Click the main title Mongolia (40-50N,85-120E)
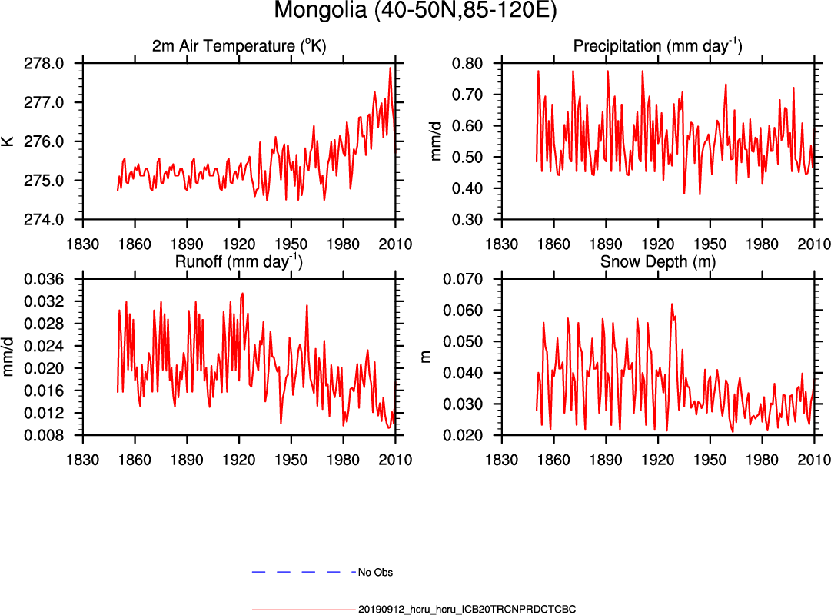[x=415, y=12]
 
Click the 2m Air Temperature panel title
[x=239, y=47]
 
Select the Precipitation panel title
[x=657, y=47]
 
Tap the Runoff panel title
[x=239, y=262]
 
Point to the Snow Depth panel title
[x=657, y=262]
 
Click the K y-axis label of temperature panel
[x=8, y=141]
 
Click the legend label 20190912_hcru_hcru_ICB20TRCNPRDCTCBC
[x=467, y=609]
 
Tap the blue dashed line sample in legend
[x=303, y=573]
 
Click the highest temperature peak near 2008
[x=391, y=68]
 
